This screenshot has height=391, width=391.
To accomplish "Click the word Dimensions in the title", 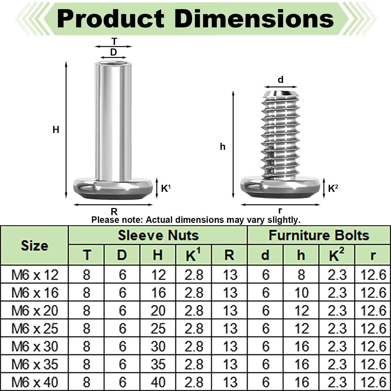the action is coord(254,19).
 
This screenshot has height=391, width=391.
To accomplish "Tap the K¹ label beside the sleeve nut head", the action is coord(166,188).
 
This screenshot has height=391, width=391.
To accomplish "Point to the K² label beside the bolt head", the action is coord(333,188).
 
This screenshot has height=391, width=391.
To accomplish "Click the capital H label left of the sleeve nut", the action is coord(56,130).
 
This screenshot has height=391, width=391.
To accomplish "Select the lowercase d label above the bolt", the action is coord(280,80).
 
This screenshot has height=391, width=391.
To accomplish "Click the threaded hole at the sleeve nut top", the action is coord(113,63).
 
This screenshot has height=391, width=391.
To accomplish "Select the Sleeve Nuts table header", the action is coord(158,235).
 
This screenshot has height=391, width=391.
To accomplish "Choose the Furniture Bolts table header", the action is coord(319,235).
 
